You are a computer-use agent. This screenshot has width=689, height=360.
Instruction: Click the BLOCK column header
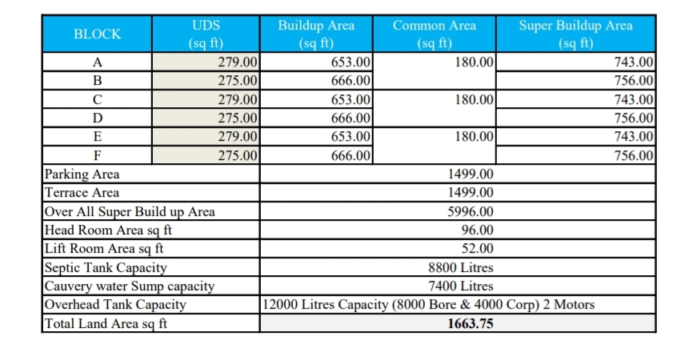pos(98,34)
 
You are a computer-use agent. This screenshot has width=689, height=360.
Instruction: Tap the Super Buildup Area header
pos(575,34)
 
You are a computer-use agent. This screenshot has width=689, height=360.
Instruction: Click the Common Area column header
pos(435,34)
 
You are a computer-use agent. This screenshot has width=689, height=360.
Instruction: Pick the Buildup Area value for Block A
pos(351,62)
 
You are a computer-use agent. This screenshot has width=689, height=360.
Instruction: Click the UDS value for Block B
pos(238,80)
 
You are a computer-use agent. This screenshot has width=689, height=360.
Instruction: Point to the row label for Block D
pos(98,118)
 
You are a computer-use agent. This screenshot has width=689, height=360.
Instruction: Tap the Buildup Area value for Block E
pos(351,137)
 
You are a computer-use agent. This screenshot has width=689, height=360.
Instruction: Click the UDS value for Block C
pos(238,99)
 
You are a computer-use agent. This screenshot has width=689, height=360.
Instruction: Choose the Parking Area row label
pos(82,174)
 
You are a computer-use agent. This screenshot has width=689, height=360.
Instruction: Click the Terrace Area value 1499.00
pos(471,193)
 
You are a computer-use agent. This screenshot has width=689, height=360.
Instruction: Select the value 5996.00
pos(471,212)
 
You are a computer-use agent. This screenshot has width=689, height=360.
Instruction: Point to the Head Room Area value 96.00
pos(477,230)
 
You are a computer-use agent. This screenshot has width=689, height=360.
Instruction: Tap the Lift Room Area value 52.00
pos(477,249)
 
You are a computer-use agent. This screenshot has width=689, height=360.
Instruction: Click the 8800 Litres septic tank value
pos(461,268)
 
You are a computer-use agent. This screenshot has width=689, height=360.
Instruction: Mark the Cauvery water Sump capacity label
pos(130,286)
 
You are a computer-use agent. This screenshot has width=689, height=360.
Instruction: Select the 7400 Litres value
pos(461,286)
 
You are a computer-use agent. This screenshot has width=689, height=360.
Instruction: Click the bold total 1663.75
pos(471,324)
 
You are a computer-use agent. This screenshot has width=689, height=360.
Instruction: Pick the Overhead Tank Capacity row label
pos(115,305)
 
